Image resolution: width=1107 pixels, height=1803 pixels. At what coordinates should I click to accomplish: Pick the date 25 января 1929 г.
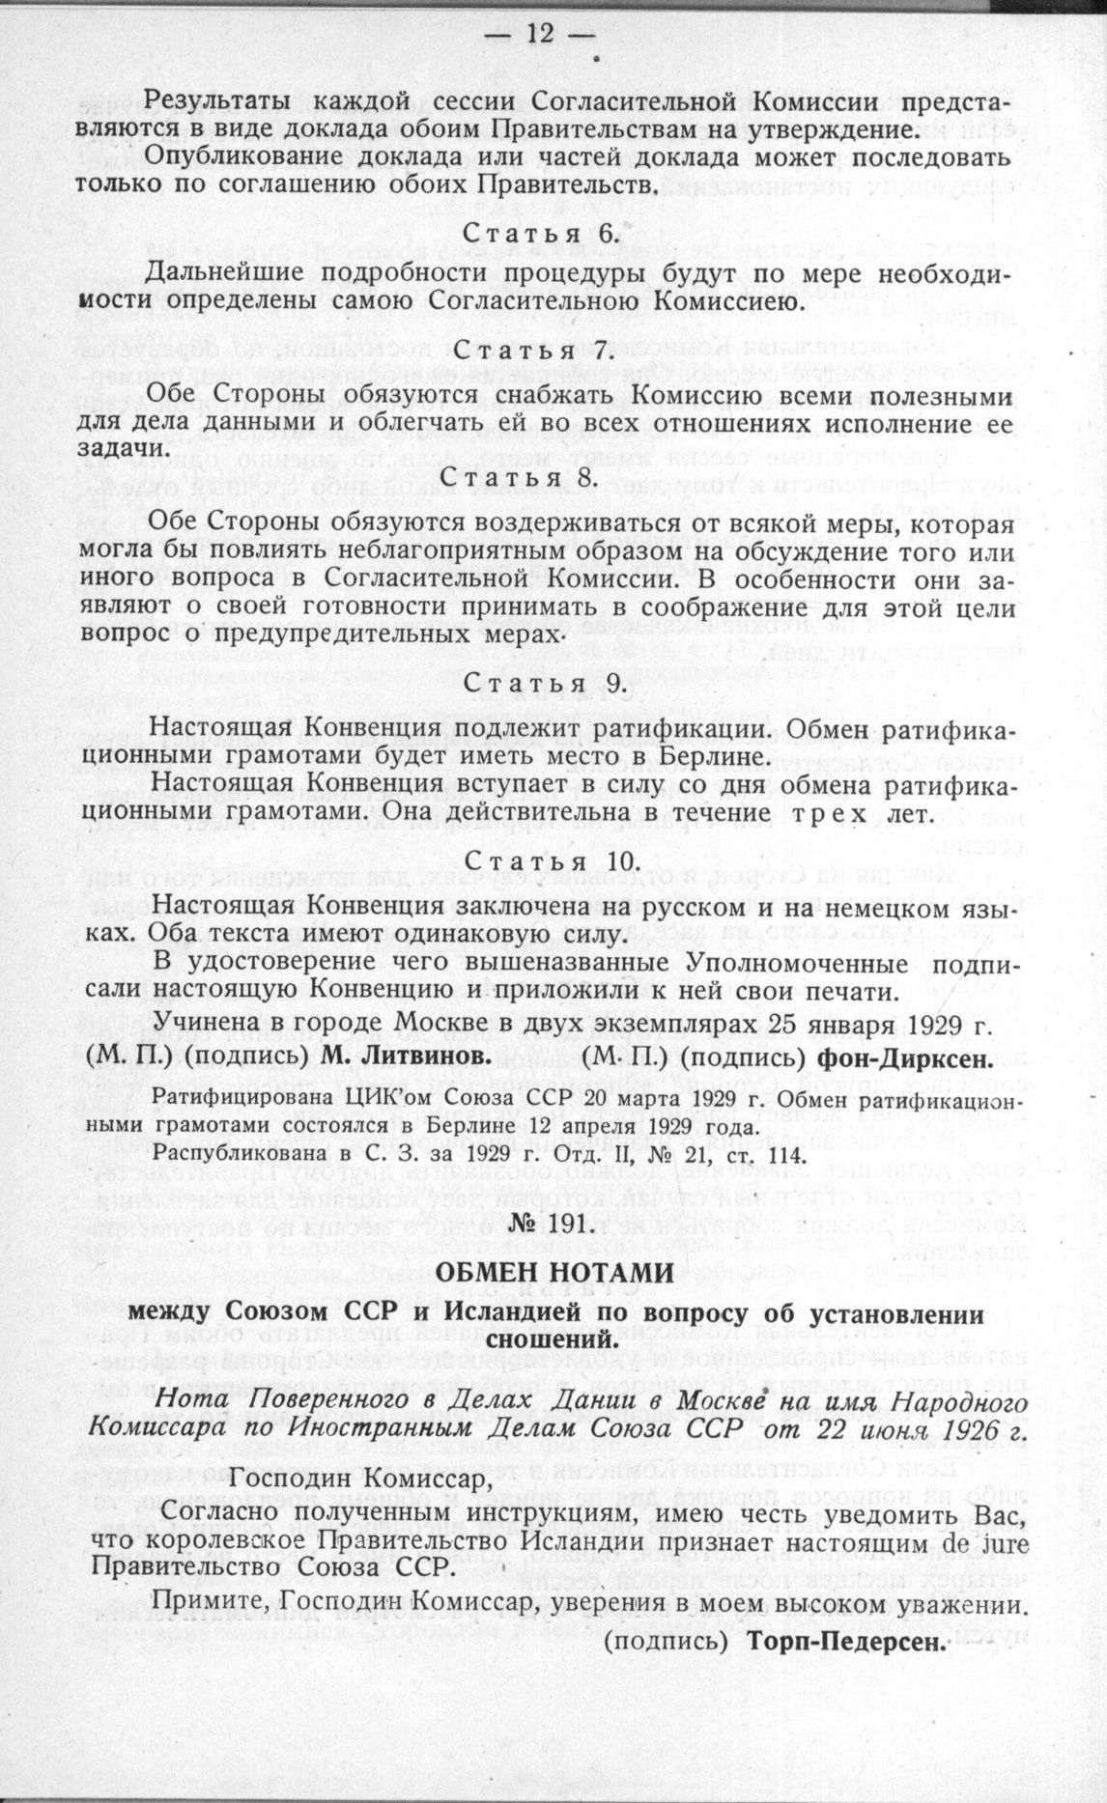click(x=888, y=1026)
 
